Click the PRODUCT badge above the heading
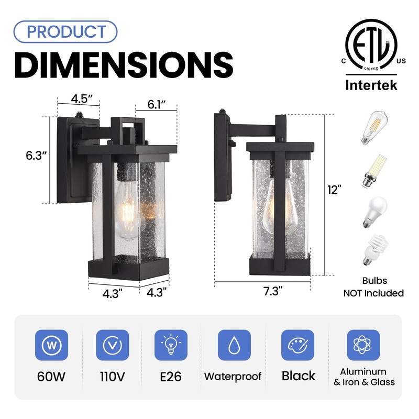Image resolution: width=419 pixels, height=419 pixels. coord(65,31)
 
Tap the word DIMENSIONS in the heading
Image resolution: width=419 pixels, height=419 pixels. coord(123,65)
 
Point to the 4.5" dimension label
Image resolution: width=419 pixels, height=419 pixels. coord(82,99)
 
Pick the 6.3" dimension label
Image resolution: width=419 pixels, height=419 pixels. coord(37,156)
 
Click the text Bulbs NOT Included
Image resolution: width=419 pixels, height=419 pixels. coord(373,288)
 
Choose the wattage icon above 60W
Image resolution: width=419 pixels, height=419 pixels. coord(51,345)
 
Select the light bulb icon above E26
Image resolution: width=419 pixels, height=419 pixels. coord(171,345)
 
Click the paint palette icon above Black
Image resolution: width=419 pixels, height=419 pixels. coord(297,345)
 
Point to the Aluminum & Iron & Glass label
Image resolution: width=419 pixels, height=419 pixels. coord(364,377)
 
